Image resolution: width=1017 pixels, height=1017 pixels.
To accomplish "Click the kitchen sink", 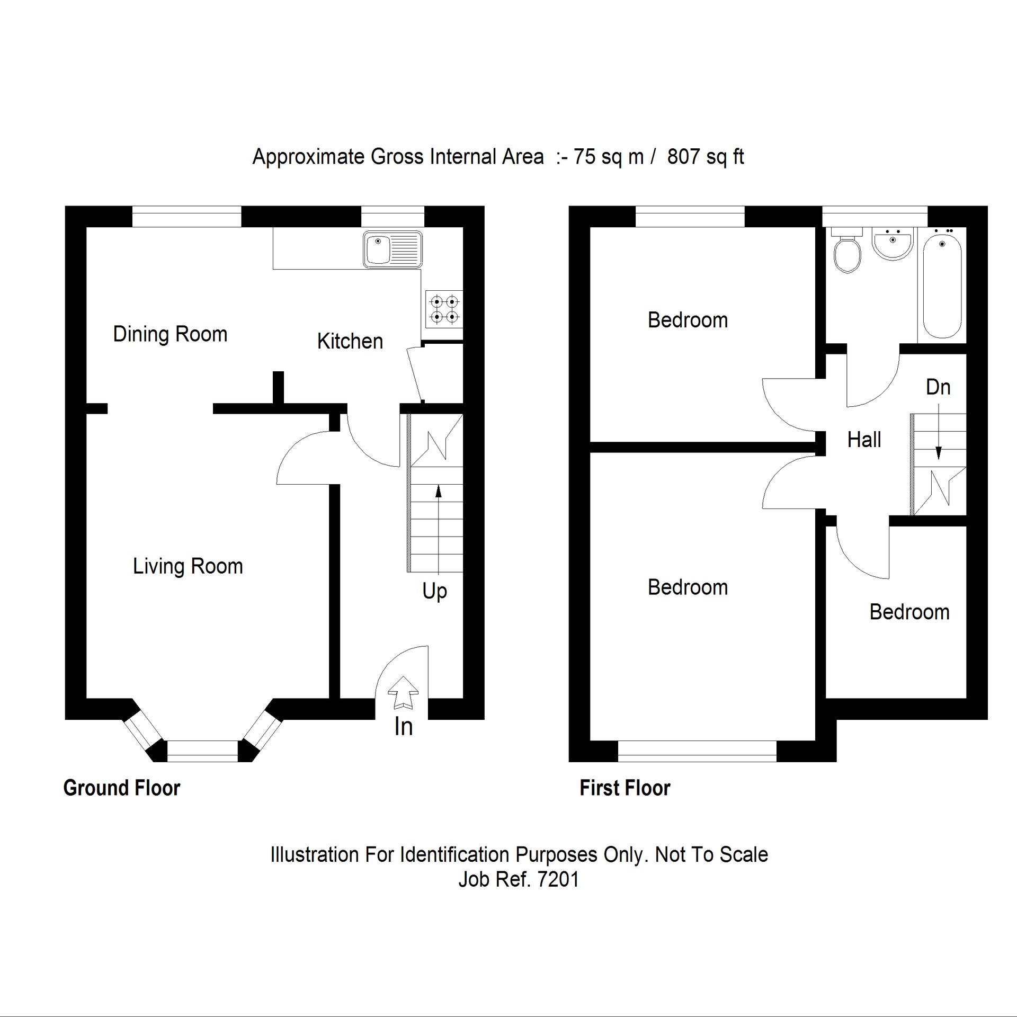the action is [392, 249].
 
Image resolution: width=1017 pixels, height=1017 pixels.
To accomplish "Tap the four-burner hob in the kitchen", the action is [444, 309].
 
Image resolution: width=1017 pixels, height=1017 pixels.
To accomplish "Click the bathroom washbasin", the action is [893, 244].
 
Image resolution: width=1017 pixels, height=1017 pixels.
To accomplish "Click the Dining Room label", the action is [170, 334].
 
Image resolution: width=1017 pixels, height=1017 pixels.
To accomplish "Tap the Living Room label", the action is [188, 566].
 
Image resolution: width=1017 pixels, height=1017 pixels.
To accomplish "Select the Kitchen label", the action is [350, 341].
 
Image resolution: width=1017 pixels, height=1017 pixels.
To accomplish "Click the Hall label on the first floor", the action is [864, 440].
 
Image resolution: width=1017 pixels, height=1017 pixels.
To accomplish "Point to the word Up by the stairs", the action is [434, 591].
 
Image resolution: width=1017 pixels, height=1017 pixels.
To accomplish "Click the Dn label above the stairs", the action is [938, 387].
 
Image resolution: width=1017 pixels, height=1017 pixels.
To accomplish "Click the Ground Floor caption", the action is [122, 788].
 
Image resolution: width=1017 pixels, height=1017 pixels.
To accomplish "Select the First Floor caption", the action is [625, 788].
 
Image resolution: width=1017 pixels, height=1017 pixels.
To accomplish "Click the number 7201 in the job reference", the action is [558, 880].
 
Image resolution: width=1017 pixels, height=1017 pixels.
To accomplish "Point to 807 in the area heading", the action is [683, 157].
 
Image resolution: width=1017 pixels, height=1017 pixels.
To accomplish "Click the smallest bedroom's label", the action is [909, 612].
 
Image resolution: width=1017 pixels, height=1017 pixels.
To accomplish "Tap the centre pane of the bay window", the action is [202, 751].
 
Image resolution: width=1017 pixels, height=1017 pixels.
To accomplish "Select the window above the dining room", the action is [186, 217].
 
